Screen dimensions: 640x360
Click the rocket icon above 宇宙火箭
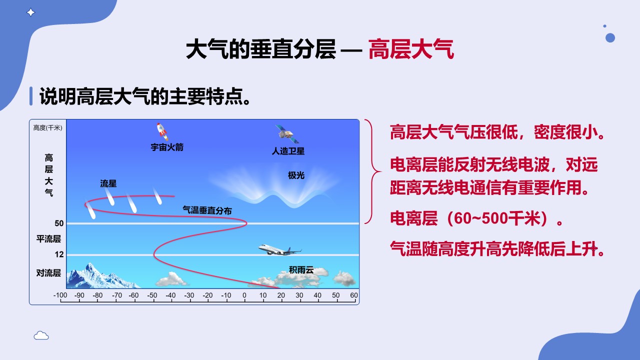pos(162,131)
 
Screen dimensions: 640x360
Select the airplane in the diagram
pos(279,249)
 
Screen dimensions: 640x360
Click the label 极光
pos(296,175)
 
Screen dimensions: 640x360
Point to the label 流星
pos(108,183)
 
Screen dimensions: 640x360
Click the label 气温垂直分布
pos(207,210)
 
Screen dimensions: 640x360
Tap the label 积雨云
pos(301,269)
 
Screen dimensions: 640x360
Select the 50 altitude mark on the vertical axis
pos(59,223)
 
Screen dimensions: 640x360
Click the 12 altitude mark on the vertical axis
pos(59,254)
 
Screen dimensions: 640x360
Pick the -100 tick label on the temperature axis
pos(60,295)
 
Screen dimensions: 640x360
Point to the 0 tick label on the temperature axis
pos(244,295)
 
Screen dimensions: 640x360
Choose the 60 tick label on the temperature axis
pos(354,295)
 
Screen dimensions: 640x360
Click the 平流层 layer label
pos(48,239)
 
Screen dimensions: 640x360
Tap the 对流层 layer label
pos(48,273)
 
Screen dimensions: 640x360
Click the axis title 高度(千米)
pos(47,127)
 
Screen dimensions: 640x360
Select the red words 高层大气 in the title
pos(411,49)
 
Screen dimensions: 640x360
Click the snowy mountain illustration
pos(103,276)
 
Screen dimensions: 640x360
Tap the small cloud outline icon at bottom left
pos(41,335)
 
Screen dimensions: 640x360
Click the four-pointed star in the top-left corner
pos(30,12)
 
